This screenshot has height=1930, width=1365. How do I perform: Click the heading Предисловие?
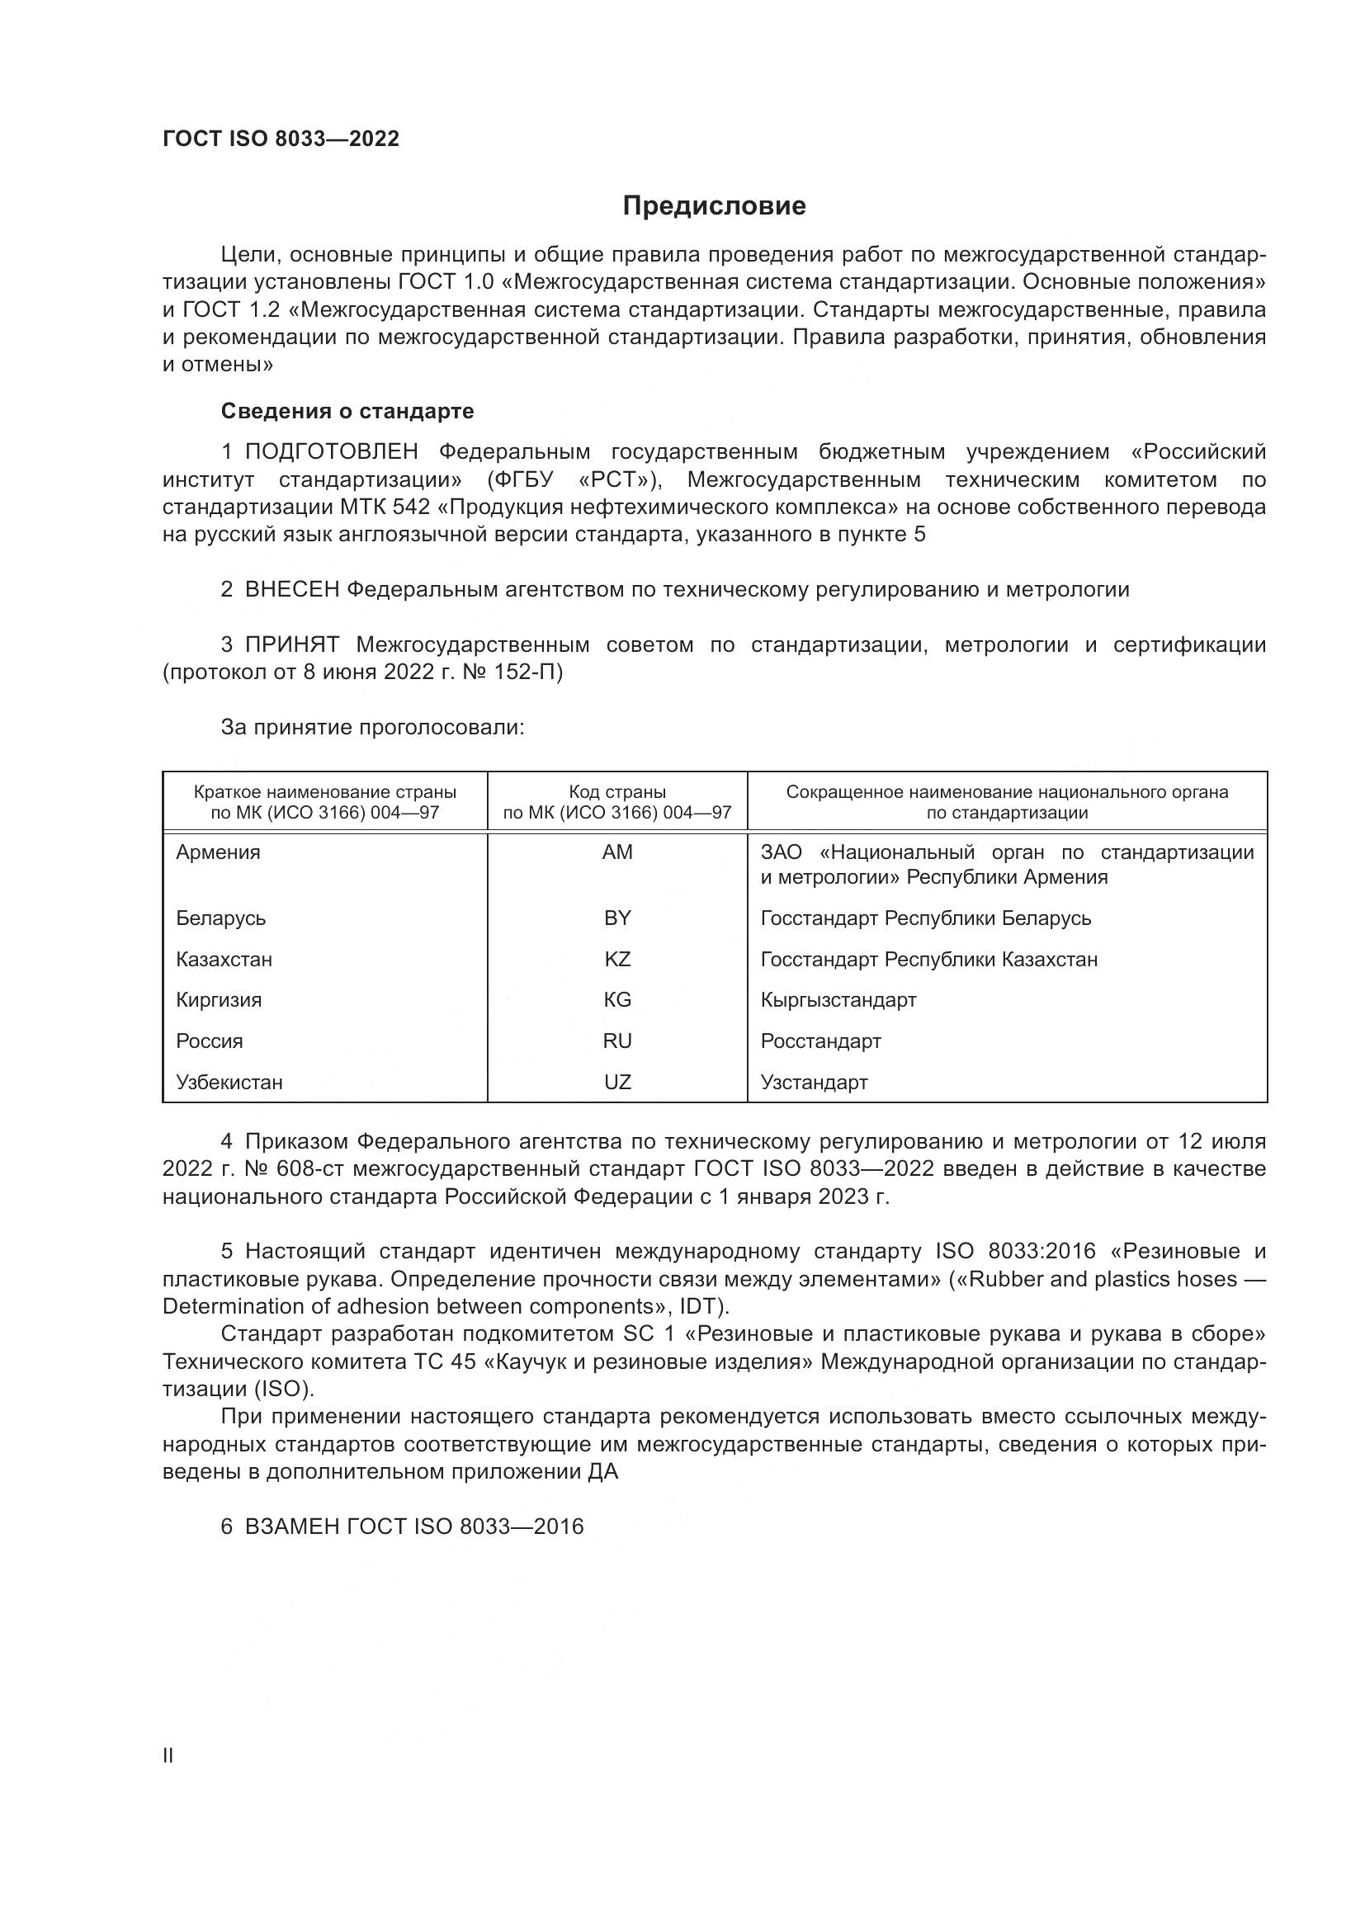click(x=714, y=206)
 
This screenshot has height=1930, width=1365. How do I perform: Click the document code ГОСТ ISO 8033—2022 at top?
click(x=281, y=139)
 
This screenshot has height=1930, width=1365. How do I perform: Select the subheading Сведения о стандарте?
click(x=347, y=411)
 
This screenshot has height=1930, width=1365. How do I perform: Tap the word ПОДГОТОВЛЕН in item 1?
click(x=331, y=452)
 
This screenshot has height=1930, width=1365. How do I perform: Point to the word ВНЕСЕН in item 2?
click(x=291, y=590)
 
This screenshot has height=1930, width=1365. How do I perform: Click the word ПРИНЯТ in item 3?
click(x=291, y=644)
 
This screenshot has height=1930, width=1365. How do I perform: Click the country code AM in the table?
click(x=617, y=852)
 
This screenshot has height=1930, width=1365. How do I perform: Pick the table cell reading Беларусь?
click(x=221, y=918)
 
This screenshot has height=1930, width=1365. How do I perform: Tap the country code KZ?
click(x=617, y=959)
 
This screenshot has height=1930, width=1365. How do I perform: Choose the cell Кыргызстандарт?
click(x=838, y=1000)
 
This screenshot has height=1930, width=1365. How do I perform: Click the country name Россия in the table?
click(x=210, y=1041)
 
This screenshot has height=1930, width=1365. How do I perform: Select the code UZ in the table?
click(x=617, y=1083)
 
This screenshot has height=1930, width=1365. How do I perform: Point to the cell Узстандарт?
click(x=814, y=1083)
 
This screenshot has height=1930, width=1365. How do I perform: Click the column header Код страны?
click(x=617, y=792)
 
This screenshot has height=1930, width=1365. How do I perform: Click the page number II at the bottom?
click(x=168, y=1756)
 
